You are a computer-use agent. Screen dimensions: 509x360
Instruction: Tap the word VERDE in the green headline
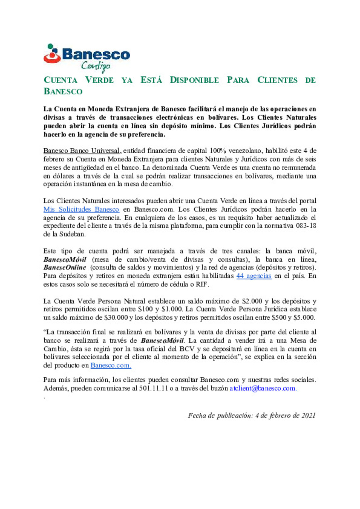tap(99, 80)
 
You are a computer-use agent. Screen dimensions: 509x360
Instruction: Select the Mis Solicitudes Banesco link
tap(81, 209)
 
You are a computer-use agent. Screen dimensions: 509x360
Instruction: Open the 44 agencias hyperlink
tap(254, 276)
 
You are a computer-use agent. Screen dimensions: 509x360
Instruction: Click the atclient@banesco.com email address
tap(262, 388)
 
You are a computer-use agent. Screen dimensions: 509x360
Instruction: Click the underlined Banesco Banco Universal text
tap(81, 151)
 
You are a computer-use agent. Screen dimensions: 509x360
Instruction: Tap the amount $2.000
tap(252, 301)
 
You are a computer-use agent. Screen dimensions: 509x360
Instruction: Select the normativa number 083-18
tap(306, 226)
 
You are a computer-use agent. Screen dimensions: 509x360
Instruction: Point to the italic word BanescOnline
tap(65, 267)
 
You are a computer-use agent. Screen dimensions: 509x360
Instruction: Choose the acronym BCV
tap(187, 349)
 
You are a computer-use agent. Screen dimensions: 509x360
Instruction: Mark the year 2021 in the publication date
tap(308, 415)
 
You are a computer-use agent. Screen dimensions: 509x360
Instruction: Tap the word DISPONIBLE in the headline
tap(194, 80)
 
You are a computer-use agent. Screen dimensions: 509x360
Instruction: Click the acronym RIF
tap(202, 284)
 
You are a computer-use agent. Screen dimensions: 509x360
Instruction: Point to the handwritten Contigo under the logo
tap(96, 66)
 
